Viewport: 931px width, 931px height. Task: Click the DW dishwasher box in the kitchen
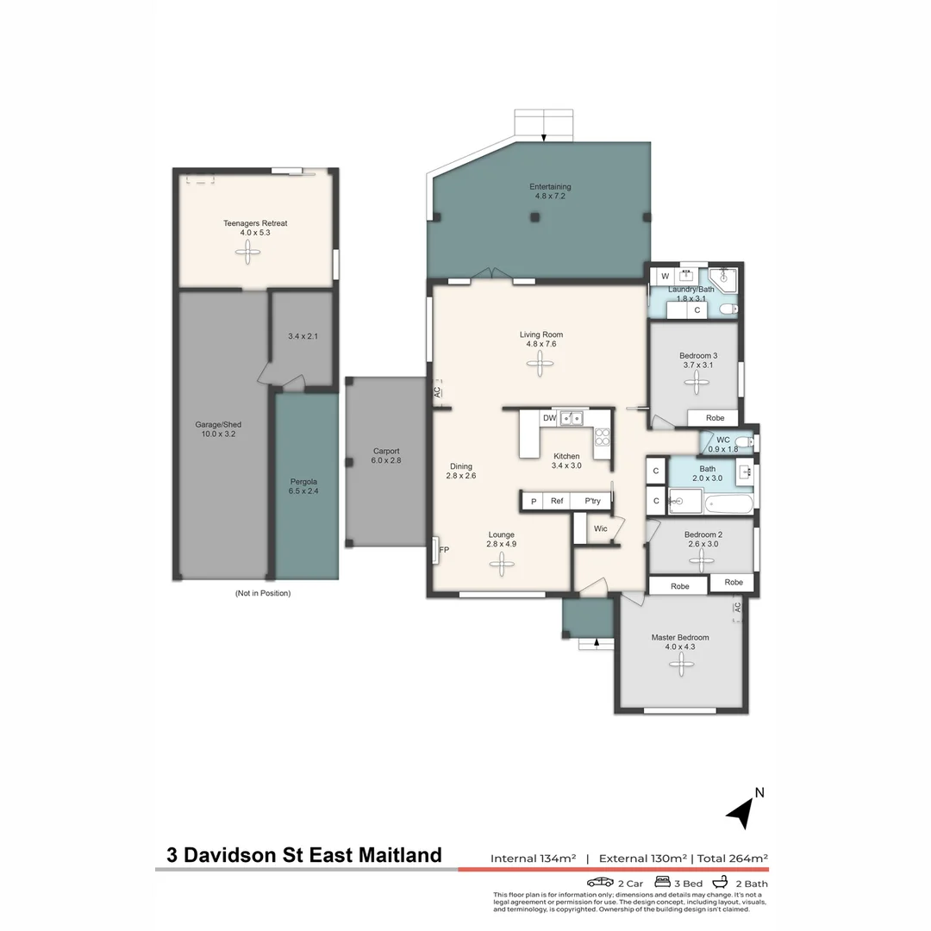(x=549, y=418)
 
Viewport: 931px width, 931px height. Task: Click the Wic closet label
(x=601, y=528)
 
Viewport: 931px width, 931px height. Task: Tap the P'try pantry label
(x=592, y=501)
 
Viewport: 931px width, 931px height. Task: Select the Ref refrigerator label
(x=557, y=501)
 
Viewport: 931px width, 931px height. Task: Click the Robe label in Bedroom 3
(x=715, y=417)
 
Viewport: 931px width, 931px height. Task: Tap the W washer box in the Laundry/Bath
(x=665, y=276)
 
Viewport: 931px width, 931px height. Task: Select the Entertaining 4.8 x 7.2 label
(x=550, y=191)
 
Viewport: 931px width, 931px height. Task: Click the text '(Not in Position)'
(x=262, y=593)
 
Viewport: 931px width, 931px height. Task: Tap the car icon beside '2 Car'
(x=600, y=883)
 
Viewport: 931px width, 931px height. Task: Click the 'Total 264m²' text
(x=732, y=858)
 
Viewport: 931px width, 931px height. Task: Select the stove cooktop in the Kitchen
(x=602, y=436)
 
